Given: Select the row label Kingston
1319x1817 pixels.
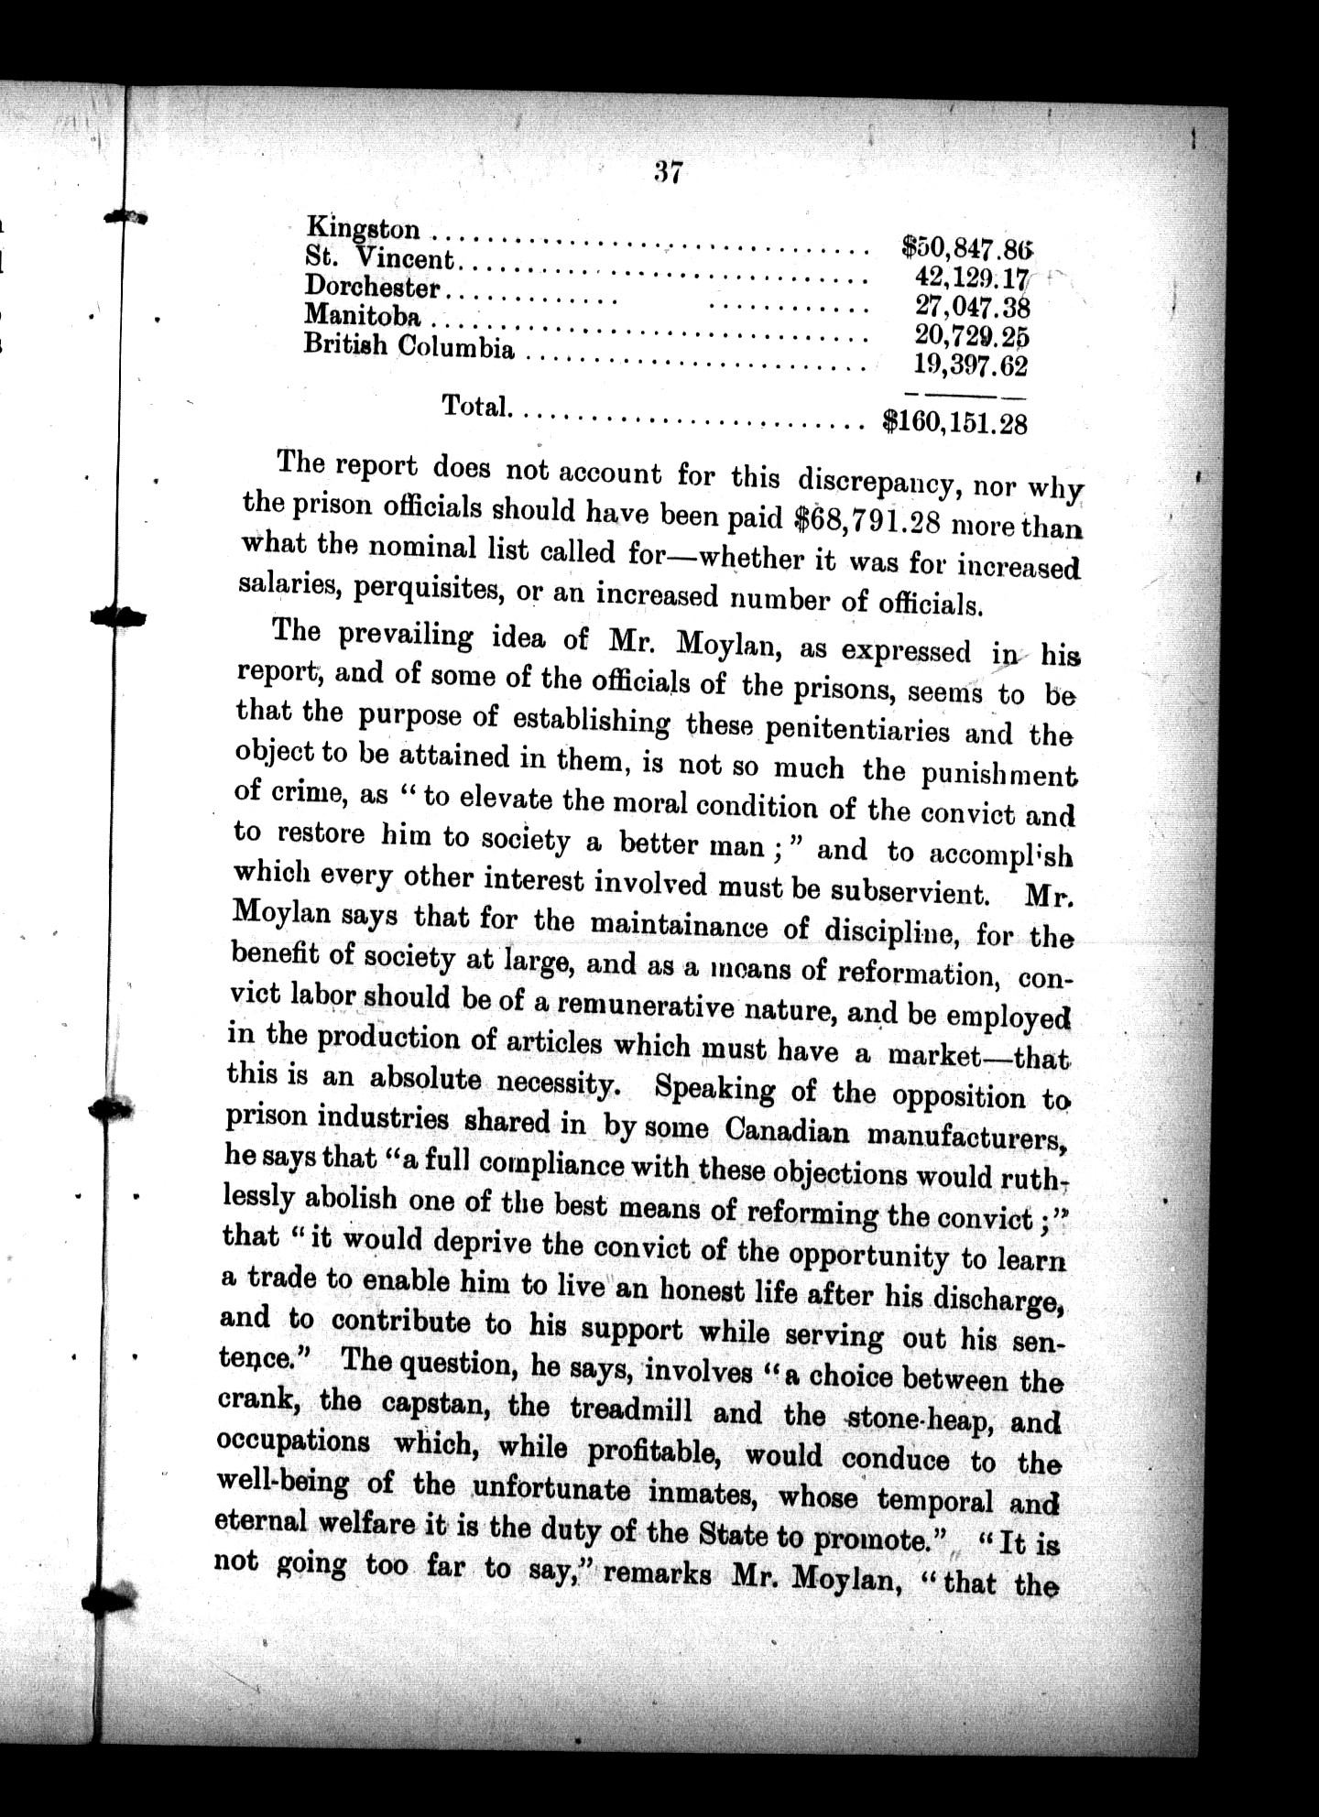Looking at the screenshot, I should pos(364,228).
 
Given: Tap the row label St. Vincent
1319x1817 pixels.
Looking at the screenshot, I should pos(379,257).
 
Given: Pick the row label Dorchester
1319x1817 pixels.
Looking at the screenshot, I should pos(372,287).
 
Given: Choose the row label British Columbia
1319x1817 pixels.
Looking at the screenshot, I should pos(409,346).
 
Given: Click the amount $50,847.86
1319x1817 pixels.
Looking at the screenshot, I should pos(966,246).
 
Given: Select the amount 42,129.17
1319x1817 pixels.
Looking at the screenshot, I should pos(972,277).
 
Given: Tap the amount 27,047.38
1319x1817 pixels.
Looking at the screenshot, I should pos(973,306).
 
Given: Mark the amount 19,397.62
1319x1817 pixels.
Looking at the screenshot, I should pos(971,365).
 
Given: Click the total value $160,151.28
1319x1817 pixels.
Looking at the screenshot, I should pos(954,422).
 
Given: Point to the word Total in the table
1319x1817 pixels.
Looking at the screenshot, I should pos(476,405).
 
